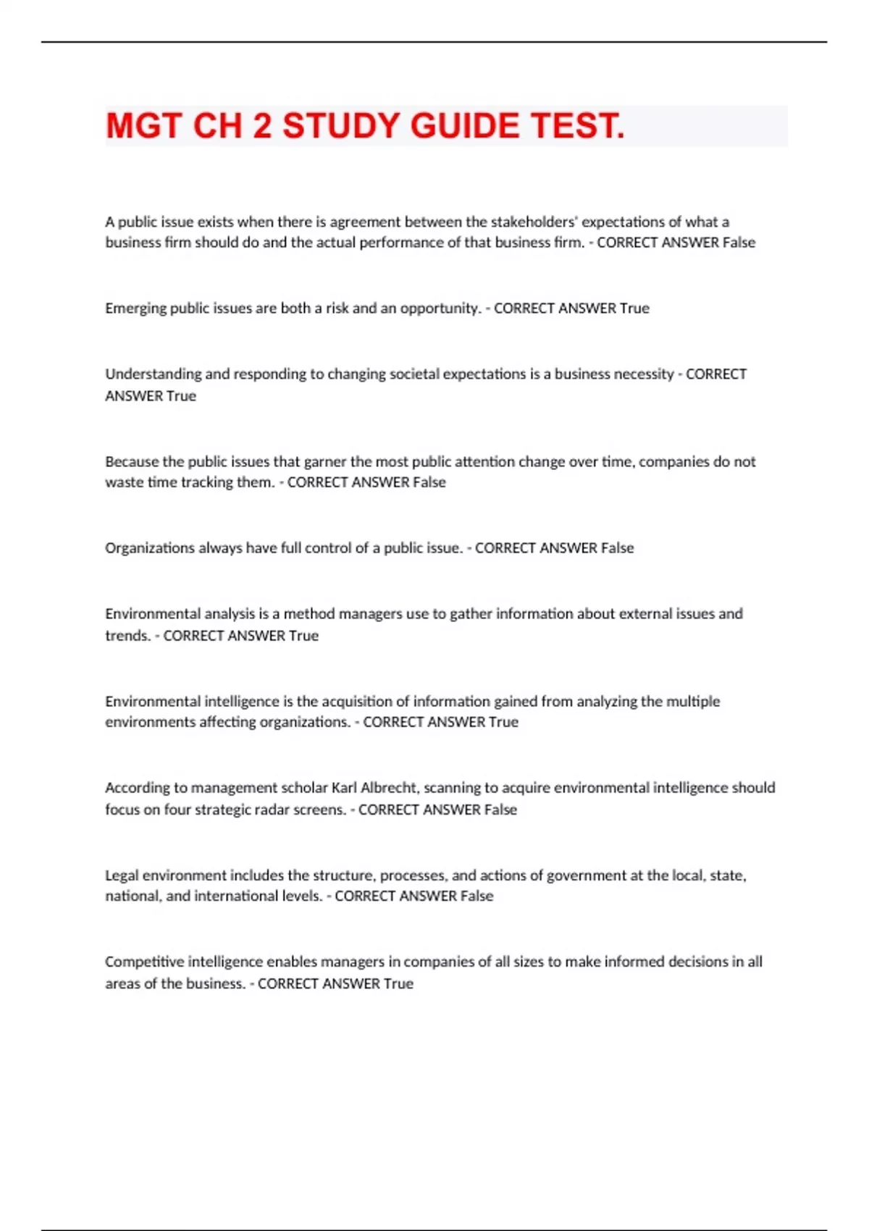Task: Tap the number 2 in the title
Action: point(262,126)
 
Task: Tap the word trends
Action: point(127,636)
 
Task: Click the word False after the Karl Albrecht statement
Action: point(500,810)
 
